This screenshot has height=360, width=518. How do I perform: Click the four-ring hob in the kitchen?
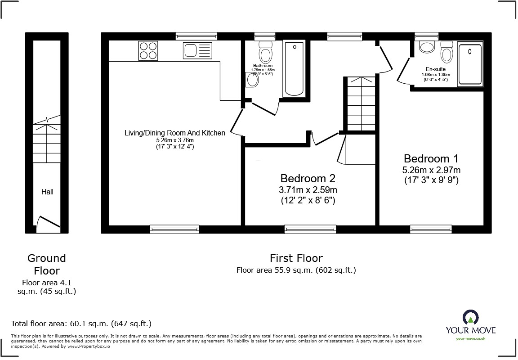pyautogui.click(x=149, y=50)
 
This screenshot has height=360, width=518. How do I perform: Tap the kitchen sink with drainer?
pyautogui.click(x=197, y=50)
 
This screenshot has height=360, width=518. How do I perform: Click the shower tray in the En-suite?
pyautogui.click(x=470, y=64)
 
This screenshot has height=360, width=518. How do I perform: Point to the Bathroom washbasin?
pyautogui.click(x=252, y=80)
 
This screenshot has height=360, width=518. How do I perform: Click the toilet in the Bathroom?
pyautogui.click(x=266, y=53)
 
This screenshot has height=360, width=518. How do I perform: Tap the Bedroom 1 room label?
pyautogui.click(x=431, y=159)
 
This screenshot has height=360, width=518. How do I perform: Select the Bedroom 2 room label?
pyautogui.click(x=308, y=178)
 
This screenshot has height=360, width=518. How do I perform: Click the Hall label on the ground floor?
pyautogui.click(x=47, y=192)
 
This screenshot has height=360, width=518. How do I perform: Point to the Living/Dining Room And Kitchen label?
pyautogui.click(x=175, y=133)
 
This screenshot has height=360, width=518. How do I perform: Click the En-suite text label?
pyautogui.click(x=435, y=69)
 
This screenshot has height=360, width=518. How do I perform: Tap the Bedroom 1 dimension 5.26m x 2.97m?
pyautogui.click(x=431, y=171)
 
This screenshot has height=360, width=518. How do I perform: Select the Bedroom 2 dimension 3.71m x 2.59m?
pyautogui.click(x=308, y=189)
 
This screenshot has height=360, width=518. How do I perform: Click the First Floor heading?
pyautogui.click(x=296, y=258)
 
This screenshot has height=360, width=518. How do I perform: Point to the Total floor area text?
pyautogui.click(x=81, y=324)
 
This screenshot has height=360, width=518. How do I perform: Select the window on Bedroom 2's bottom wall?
pyautogui.click(x=310, y=229)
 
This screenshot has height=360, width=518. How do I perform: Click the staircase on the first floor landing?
pyautogui.click(x=359, y=103)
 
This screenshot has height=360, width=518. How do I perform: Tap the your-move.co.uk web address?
pyautogui.click(x=470, y=338)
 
